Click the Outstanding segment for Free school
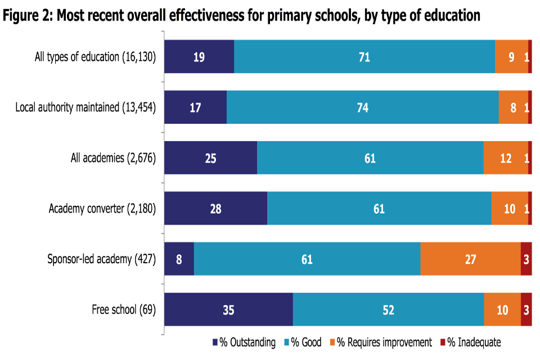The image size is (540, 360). (x=228, y=309)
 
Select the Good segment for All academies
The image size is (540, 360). (x=370, y=158)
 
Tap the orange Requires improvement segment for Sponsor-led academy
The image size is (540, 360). (x=470, y=259)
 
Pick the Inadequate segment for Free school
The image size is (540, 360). (x=526, y=309)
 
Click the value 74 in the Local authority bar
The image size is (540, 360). (x=363, y=107)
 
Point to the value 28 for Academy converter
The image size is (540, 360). (x=215, y=209)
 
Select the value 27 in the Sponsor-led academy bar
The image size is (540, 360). (x=470, y=259)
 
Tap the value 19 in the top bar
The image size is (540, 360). (x=199, y=57)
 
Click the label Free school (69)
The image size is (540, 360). (x=124, y=309)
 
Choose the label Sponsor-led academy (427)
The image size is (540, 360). (x=101, y=259)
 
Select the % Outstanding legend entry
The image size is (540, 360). (x=244, y=343)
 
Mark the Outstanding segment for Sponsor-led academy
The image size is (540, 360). (x=179, y=259)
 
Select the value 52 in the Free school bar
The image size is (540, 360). (x=388, y=310)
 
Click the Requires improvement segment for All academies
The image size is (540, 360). (x=506, y=158)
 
